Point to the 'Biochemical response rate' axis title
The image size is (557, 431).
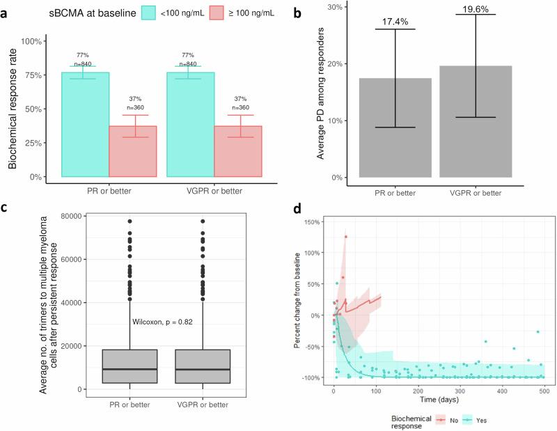pyautogui.click(x=13, y=109)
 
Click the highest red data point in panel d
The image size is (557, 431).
pyautogui.click(x=346, y=237)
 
